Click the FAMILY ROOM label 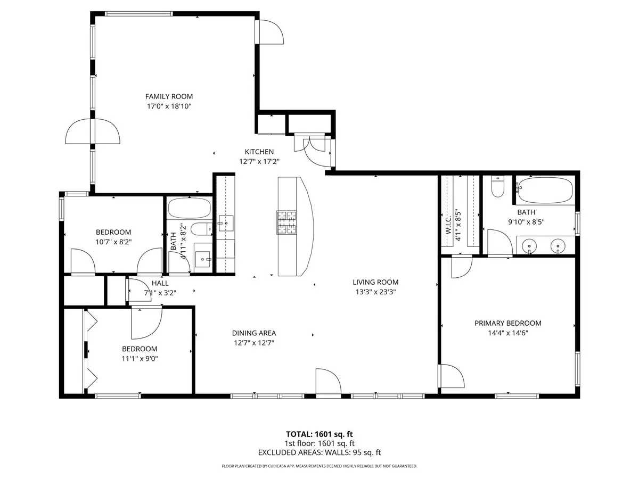[169, 96]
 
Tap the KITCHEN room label [259, 152]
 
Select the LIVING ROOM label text [375, 282]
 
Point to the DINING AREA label [253, 333]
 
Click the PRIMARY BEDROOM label [507, 323]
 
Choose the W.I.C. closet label [448, 225]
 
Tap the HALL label [160, 283]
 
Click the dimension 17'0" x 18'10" [169, 106]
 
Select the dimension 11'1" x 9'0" [140, 358]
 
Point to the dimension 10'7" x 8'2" [113, 242]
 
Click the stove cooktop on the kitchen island [286, 222]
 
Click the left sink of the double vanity [529, 246]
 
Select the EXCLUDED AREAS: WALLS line [319, 452]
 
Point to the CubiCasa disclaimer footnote [319, 466]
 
